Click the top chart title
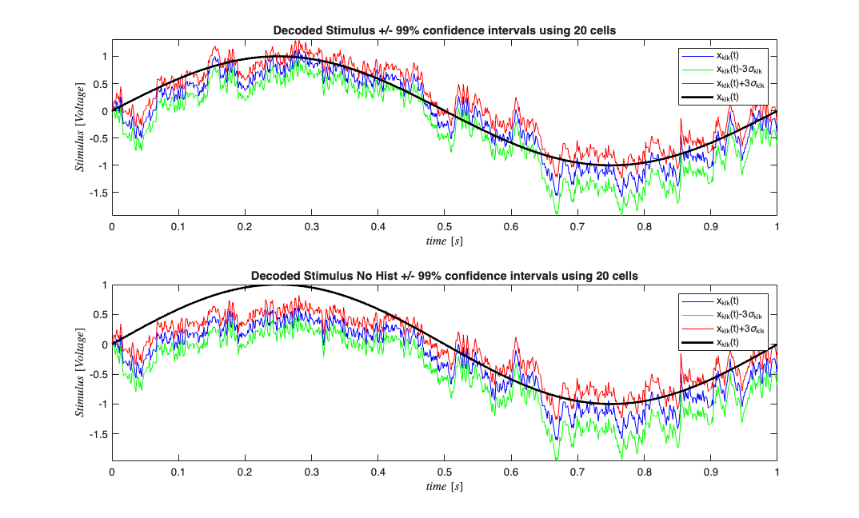point(444,31)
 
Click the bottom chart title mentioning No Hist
point(444,276)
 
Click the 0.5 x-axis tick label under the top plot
point(444,227)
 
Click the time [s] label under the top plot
point(444,241)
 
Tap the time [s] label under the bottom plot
point(444,486)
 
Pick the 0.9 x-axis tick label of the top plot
point(710,227)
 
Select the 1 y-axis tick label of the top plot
point(104,57)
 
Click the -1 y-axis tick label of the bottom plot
point(102,404)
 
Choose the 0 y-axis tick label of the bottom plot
point(104,345)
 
